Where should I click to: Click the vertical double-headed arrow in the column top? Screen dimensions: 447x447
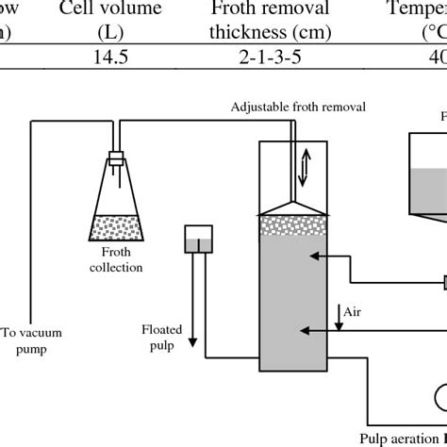[x=304, y=167]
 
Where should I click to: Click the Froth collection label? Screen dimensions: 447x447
[x=116, y=259]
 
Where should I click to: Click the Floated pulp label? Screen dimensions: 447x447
[x=161, y=337]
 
